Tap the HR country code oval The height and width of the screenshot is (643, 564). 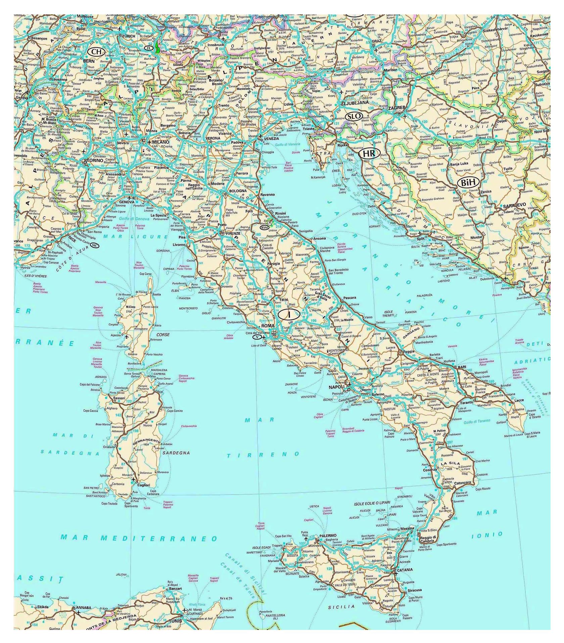[x=369, y=153]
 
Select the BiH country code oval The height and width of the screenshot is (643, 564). [x=468, y=183]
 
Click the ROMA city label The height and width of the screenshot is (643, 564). [x=268, y=326]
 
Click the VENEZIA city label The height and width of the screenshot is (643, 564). [x=271, y=138]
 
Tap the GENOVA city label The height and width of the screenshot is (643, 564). [x=127, y=202]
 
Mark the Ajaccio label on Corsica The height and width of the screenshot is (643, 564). [x=116, y=335]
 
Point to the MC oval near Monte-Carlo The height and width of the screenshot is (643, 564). [x=95, y=245]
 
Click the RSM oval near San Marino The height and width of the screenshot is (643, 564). [x=265, y=227]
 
